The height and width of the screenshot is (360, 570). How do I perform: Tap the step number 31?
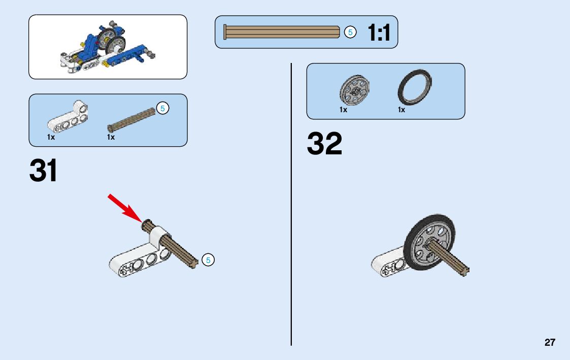pos(44,171)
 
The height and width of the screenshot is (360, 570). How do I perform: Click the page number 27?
pos(550,342)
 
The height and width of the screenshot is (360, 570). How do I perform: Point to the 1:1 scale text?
pos(379,33)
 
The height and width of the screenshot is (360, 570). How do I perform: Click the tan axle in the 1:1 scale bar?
pos(282,32)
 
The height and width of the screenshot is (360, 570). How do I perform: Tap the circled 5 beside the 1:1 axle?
pos(350,32)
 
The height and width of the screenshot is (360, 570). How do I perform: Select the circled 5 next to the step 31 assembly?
pos(208,260)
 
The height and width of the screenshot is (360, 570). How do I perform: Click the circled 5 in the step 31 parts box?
pos(162,108)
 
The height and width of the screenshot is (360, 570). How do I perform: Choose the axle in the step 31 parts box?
pos(131,119)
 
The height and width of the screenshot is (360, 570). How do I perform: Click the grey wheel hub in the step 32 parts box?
pos(354,90)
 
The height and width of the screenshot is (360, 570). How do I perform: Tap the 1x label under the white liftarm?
pos(51,137)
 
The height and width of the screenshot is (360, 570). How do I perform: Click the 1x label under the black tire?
pos(401,110)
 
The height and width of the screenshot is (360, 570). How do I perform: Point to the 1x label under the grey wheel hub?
pos(344,110)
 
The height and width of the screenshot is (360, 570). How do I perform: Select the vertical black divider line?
pos(291,203)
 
